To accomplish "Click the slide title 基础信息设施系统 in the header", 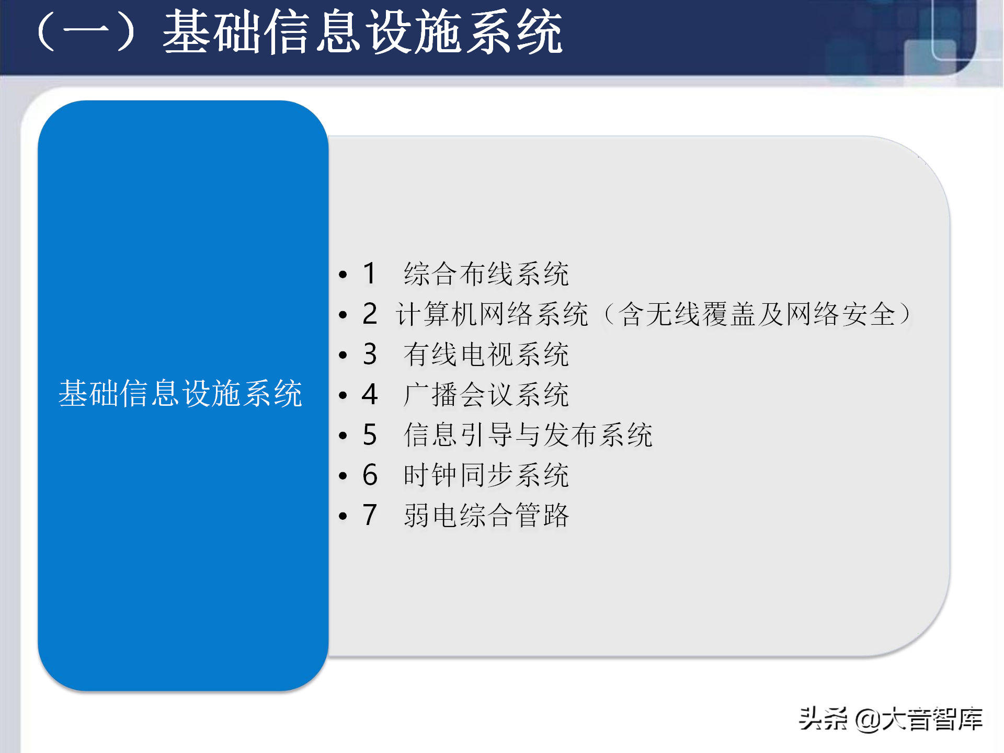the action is pos(362,32).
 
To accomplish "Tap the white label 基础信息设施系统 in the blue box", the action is pos(180,393).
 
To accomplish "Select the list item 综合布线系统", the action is pos(486,273).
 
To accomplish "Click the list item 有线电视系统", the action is pos(486,354).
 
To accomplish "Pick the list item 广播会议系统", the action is pos(486,394).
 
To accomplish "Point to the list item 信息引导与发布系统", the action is pos(528,435).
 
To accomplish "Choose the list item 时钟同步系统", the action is pos(486,475).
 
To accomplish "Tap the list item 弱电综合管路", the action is pos(486,515).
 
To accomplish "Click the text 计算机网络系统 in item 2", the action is pos(492,314).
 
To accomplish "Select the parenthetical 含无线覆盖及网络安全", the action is pos(758,314).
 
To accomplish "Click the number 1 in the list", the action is pos(370,273).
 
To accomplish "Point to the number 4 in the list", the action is pos(370,394).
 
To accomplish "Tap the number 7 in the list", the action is pos(370,515).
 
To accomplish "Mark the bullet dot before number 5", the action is pos(343,435).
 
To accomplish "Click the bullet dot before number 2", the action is pos(343,314).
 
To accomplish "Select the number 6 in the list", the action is pos(370,475).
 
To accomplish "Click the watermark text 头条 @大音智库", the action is pos(891,719).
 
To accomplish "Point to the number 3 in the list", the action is pos(370,354).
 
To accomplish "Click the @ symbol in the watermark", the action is pos(868,720).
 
